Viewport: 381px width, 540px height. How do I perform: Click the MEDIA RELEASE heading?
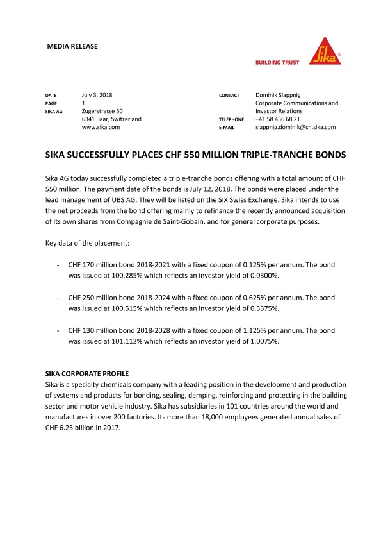coord(72,47)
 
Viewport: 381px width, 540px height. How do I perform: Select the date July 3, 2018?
coord(97,95)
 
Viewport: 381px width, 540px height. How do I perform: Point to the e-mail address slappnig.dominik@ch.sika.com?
coord(295,127)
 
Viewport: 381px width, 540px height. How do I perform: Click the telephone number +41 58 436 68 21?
coord(278,119)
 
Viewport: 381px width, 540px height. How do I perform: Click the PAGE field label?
coord(51,103)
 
